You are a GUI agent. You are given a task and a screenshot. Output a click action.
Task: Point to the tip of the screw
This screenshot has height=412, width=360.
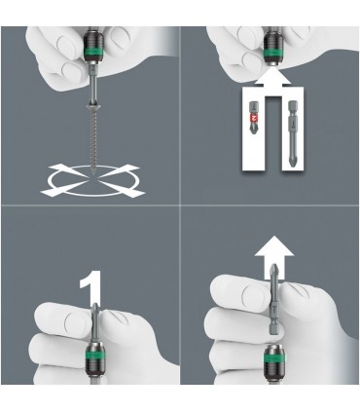(x=92, y=174)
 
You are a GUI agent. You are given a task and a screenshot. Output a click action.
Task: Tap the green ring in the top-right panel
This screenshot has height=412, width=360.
(x=272, y=53)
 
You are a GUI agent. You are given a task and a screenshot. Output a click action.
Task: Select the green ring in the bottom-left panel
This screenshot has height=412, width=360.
(x=94, y=356)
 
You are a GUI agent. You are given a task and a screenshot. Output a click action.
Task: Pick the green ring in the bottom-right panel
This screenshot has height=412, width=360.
(x=273, y=359)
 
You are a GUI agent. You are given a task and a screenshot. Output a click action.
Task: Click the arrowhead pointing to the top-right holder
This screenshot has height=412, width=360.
(x=272, y=78)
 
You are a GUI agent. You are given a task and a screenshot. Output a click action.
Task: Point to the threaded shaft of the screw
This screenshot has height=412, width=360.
(x=91, y=139)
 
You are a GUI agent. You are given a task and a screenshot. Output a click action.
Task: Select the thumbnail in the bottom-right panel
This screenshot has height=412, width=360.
(x=253, y=294)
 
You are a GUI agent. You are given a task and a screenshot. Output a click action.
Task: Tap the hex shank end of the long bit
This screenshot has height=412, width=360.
(x=293, y=104)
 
